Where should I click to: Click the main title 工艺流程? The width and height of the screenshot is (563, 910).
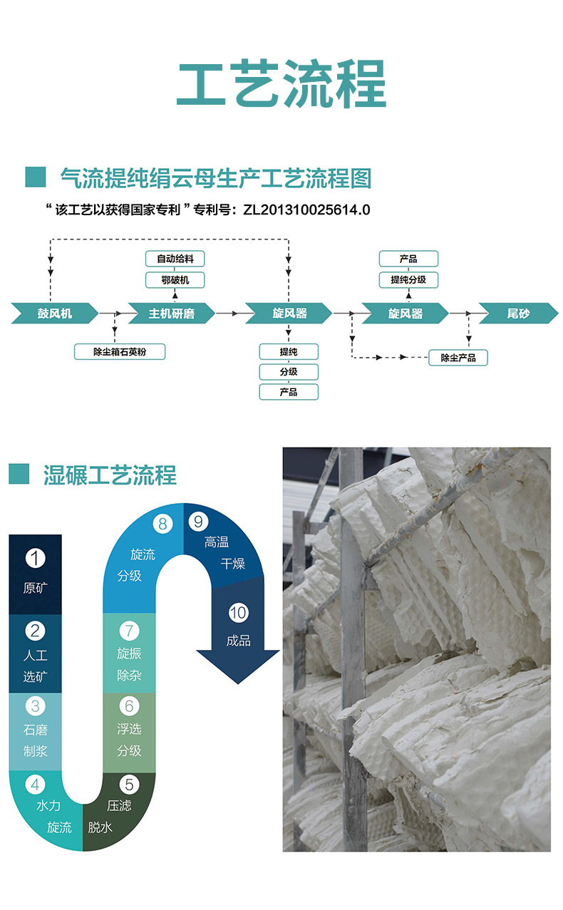281,83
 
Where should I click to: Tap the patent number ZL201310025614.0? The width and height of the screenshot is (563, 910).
306,210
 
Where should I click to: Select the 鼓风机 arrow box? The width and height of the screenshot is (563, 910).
51,313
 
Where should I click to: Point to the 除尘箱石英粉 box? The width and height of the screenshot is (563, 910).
120,351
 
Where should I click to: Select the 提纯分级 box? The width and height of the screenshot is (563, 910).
408,279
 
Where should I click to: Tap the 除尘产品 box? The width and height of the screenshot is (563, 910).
458,357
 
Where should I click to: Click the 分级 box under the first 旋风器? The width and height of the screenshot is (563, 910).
289,371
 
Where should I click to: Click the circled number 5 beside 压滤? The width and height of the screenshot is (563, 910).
128,785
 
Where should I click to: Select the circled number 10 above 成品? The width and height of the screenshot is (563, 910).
238,612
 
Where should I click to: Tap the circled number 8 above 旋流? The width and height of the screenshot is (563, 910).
162,524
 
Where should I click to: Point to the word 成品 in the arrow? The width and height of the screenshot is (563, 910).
238,641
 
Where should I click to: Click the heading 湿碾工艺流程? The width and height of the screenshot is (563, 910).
110,475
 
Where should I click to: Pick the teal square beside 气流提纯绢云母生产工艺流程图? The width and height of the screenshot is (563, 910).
35,177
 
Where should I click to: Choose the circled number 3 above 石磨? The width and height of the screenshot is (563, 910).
35,706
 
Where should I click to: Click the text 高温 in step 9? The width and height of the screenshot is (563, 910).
216,542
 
